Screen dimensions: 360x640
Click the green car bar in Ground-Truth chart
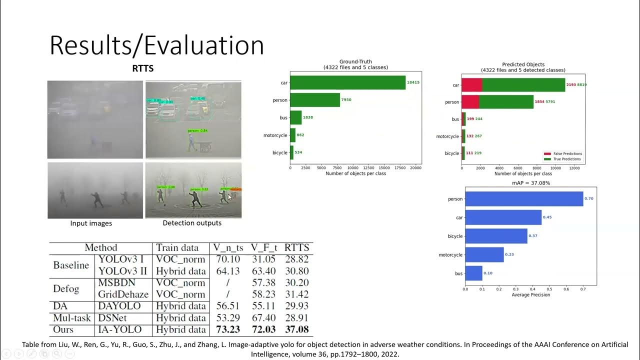[347, 82]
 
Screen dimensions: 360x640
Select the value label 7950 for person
[346, 100]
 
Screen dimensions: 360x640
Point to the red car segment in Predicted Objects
[471, 85]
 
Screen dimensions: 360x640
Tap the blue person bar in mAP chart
[524, 199]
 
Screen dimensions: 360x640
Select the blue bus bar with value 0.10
[473, 273]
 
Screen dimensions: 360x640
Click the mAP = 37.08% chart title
[530, 183]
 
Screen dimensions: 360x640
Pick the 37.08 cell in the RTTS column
[296, 329]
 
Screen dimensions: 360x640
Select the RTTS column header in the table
[296, 247]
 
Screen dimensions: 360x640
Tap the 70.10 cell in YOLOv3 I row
[227, 259]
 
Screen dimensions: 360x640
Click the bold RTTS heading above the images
[142, 69]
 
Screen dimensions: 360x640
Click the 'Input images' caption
[91, 223]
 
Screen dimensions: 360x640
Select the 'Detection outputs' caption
[192, 223]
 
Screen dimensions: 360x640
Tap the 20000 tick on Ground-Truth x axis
[415, 168]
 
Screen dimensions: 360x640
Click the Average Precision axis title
[530, 295]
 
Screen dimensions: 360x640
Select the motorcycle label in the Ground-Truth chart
[275, 135]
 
